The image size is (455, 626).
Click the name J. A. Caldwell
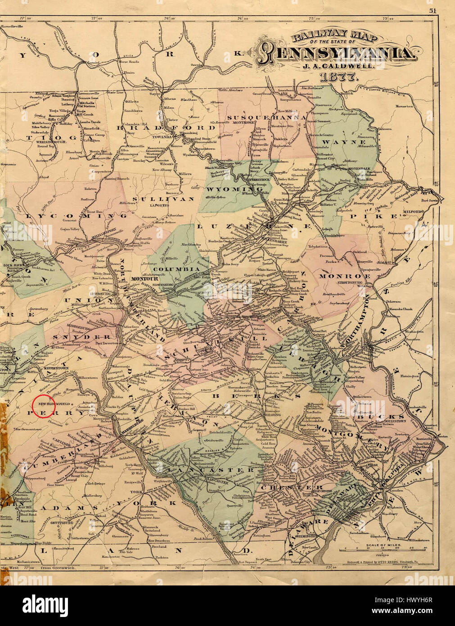point(335,65)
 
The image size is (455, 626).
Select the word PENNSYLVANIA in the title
point(335,54)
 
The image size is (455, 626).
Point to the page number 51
point(432,11)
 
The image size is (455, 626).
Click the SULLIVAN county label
point(166,199)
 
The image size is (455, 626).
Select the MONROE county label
point(346,276)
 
